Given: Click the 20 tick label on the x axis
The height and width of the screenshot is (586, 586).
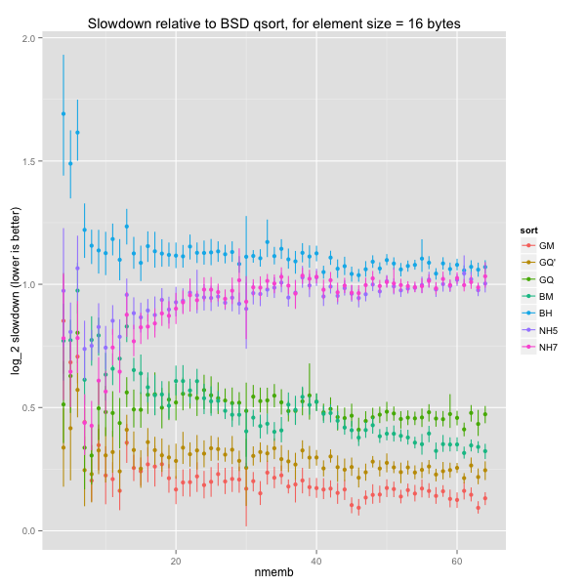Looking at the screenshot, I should click(176, 564).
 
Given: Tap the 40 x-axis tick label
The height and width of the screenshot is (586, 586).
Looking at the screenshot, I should click(316, 564).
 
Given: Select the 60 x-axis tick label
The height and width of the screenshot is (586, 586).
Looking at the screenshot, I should click(456, 564).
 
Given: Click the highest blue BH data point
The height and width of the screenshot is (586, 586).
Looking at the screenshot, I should click(63, 113).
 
